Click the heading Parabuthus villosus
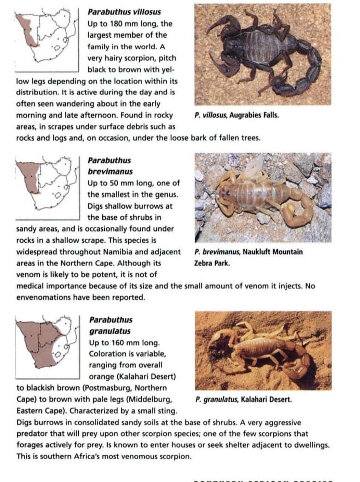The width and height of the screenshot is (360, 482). click(x=124, y=12)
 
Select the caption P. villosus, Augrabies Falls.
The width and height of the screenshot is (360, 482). click(x=236, y=115)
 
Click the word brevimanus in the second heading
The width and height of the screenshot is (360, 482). click(x=110, y=172)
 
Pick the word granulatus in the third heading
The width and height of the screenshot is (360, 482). click(x=110, y=331)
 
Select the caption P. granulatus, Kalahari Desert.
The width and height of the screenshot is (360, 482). click(x=243, y=399)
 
